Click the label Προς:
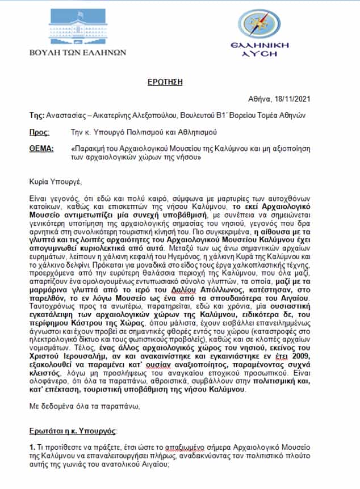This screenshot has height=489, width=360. [x=39, y=133]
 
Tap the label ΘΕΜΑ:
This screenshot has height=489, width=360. [x=41, y=149]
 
